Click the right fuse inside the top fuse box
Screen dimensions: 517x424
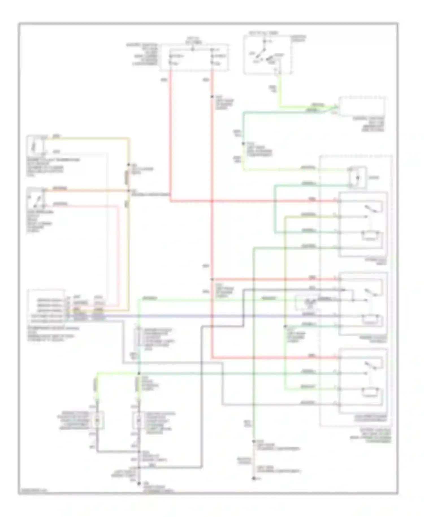click(212, 59)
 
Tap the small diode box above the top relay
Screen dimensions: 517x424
click(358, 178)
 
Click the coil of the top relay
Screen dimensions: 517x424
click(371, 235)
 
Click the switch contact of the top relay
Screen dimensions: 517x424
click(371, 209)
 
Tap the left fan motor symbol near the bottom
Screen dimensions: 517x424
click(97, 421)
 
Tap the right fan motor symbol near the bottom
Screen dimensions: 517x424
click(139, 421)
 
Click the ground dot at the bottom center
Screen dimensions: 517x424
click(139, 484)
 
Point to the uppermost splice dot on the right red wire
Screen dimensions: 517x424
click(212, 97)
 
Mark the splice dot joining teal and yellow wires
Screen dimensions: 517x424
click(243, 144)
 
